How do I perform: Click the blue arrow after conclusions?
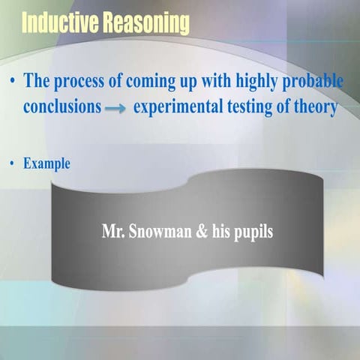pyautogui.click(x=115, y=108)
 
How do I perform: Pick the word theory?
pyautogui.click(x=316, y=106)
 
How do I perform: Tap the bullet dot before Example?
pyautogui.click(x=13, y=163)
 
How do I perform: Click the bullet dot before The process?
pyautogui.click(x=13, y=80)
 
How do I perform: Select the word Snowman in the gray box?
pyautogui.click(x=159, y=231)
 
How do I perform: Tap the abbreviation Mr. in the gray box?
pyautogui.click(x=113, y=231)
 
